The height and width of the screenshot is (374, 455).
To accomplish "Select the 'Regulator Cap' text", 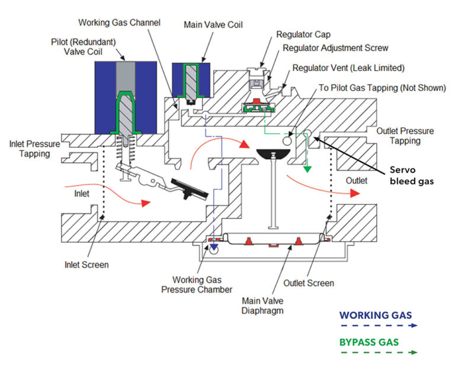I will coord(304,35).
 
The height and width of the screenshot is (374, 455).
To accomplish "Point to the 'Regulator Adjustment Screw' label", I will coord(335,48).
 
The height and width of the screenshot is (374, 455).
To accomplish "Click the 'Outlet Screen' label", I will coord(308,283).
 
